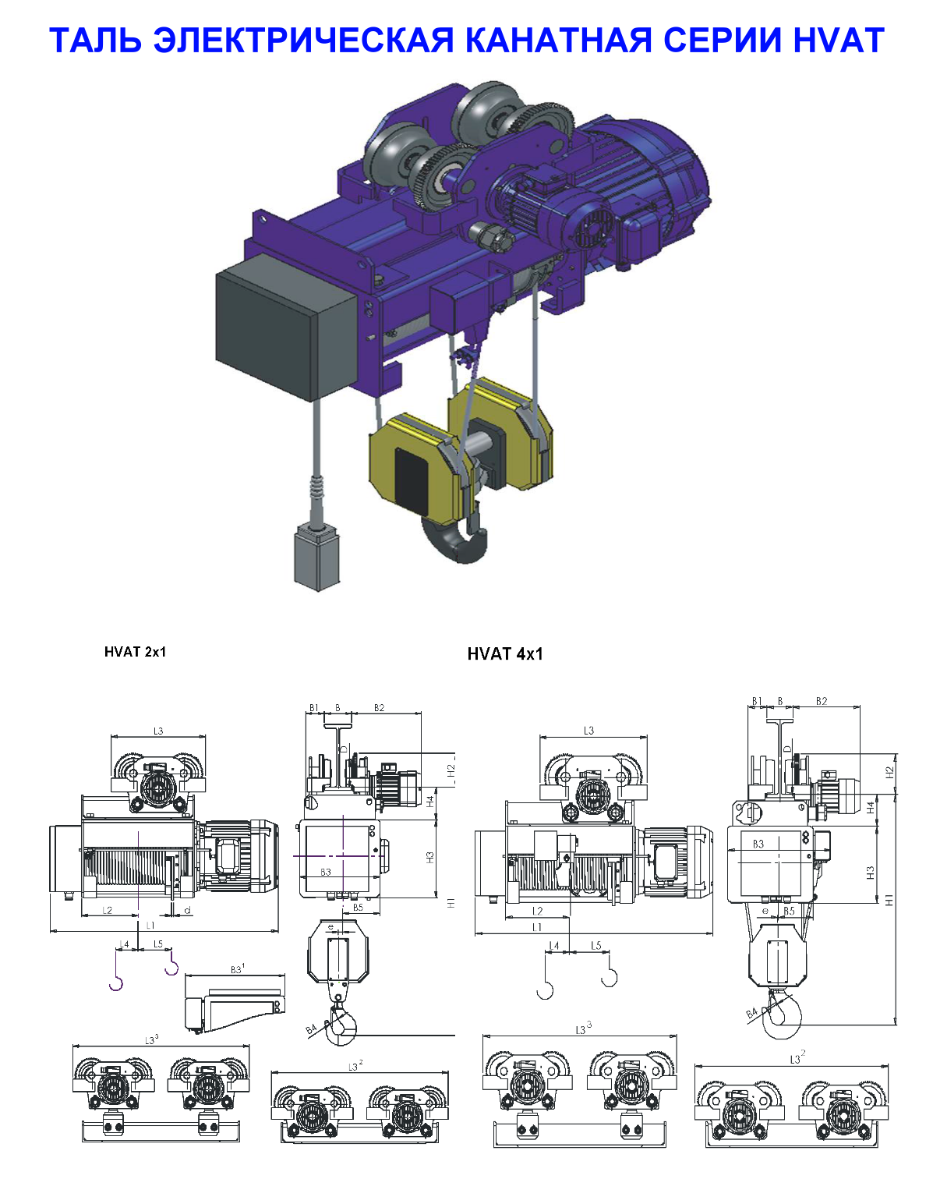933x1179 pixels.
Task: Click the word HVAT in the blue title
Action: click(839, 40)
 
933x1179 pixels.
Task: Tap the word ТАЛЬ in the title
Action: click(95, 40)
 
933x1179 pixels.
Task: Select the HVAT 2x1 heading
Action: click(135, 652)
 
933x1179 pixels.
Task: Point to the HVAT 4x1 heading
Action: click(505, 654)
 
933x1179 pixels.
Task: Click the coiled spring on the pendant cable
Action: click(318, 490)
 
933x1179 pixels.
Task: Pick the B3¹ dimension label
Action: click(237, 969)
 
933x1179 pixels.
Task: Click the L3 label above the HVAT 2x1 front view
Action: click(158, 731)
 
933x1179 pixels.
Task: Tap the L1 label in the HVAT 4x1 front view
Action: click(537, 927)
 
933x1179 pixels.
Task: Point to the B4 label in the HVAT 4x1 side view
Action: click(752, 1013)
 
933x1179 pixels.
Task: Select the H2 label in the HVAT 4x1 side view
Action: click(889, 772)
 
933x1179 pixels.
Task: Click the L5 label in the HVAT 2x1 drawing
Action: click(158, 944)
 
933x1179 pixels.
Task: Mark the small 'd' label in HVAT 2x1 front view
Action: click(187, 911)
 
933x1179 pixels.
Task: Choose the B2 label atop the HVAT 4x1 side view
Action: click(822, 701)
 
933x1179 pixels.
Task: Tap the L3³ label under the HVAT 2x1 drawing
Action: click(152, 1039)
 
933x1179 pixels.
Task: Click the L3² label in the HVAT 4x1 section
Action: click(797, 1058)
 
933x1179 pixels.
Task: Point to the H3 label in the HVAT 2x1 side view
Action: click(430, 856)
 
